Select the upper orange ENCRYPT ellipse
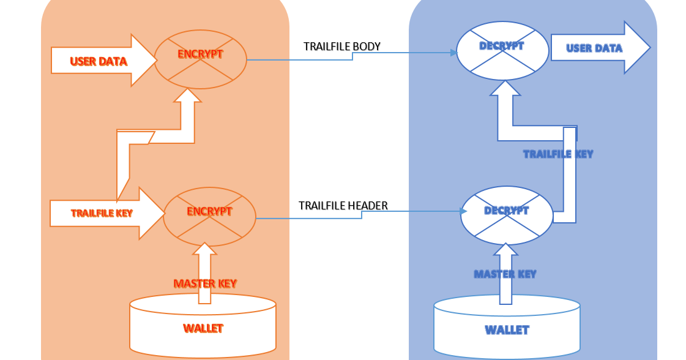[200, 59]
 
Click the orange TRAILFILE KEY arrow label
[102, 213]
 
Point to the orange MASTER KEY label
[205, 283]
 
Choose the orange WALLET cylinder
[203, 324]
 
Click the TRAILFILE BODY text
[342, 47]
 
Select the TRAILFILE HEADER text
[343, 206]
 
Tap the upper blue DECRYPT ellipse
[502, 51]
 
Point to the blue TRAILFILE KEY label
[558, 154]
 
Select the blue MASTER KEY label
[505, 274]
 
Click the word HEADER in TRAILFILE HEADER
[368, 206]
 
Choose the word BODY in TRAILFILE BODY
[368, 47]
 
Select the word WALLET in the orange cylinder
[203, 329]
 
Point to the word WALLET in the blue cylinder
[507, 330]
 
